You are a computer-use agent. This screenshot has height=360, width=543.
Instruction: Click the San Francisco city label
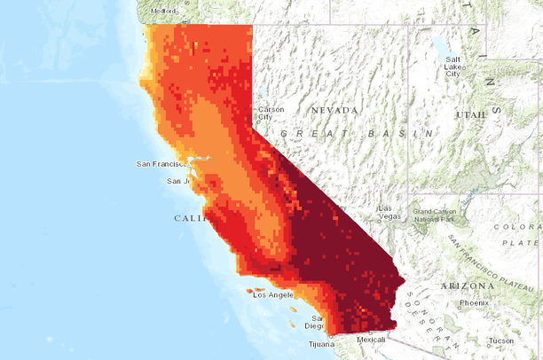point(161,164)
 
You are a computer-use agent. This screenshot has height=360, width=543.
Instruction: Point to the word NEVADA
point(334,110)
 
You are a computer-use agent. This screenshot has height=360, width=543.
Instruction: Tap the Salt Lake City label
point(453,64)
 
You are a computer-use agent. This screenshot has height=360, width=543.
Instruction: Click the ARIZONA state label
point(469,286)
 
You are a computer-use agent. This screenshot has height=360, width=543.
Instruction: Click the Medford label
point(164,11)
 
